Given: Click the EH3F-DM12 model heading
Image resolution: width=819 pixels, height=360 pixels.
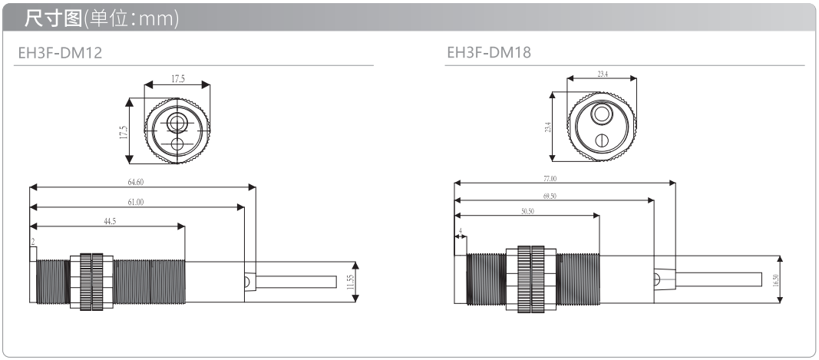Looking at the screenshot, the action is [60, 53].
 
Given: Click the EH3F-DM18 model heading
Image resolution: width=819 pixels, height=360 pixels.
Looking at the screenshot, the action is [489, 53].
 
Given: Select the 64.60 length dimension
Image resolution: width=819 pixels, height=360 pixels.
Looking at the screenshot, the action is [135, 183].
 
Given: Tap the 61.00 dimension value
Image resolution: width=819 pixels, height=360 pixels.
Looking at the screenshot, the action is [135, 202].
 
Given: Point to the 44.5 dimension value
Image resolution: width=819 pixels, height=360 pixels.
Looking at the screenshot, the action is [110, 222].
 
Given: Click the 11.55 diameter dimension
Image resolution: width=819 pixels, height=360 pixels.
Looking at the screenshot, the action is [350, 282].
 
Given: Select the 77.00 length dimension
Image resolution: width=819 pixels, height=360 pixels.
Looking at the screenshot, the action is [550, 179].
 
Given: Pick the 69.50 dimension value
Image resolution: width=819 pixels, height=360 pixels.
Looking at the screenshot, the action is [550, 196].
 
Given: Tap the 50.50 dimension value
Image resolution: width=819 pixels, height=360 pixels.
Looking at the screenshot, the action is [527, 211].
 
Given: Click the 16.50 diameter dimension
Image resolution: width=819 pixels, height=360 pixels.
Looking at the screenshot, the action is [776, 280].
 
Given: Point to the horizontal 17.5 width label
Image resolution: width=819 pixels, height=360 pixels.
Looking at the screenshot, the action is [178, 79].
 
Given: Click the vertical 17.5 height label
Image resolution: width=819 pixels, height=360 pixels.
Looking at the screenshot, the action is [124, 132].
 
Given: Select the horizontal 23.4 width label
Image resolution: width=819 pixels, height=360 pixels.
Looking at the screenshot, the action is [603, 74].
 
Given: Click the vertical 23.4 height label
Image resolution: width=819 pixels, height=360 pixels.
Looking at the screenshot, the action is [547, 127].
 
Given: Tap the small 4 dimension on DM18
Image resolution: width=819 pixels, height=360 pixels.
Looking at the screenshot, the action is [461, 230].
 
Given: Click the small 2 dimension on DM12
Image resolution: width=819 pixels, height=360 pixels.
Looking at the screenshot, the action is [33, 242].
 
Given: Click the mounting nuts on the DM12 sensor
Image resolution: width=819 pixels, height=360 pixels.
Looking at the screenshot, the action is [91, 282].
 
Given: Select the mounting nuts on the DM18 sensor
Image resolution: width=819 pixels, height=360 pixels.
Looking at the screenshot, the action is [531, 279].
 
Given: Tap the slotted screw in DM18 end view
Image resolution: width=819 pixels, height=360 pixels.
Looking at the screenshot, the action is [603, 140].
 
